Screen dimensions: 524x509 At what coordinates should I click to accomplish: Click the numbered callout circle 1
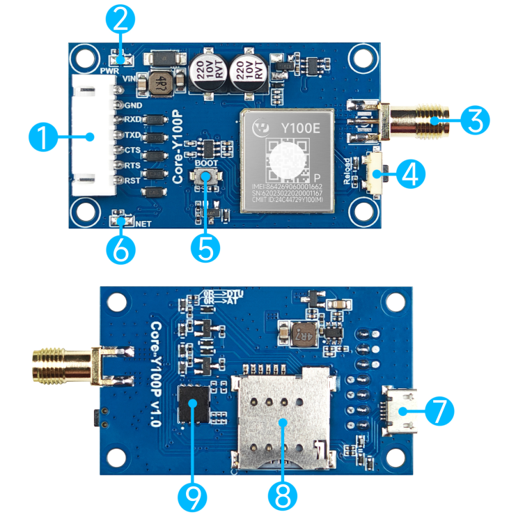(42, 137)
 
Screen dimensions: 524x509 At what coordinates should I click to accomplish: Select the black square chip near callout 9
(194, 404)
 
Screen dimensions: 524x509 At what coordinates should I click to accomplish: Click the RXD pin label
(132, 120)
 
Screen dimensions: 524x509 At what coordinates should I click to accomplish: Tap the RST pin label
(132, 181)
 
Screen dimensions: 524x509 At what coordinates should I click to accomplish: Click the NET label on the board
(143, 224)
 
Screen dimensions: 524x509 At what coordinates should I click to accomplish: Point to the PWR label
(109, 71)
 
